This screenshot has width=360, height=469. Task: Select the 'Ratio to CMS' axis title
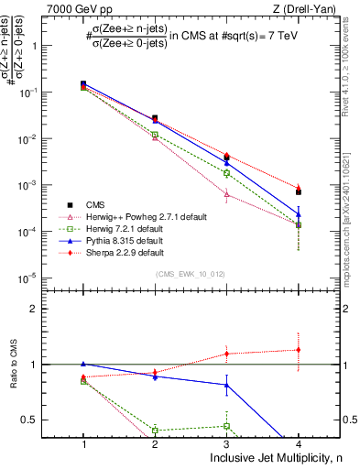(13, 364)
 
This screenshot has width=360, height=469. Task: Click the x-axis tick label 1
(83, 443)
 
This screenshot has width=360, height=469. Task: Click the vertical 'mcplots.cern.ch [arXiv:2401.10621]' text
(351, 211)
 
